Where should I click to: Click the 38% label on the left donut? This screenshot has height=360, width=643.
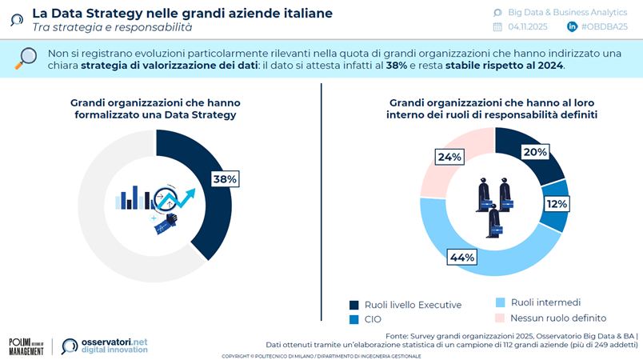[x=225, y=179]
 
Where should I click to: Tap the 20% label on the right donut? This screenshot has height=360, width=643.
[x=535, y=152]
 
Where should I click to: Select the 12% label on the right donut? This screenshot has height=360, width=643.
[x=557, y=204]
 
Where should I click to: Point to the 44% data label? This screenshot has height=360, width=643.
[x=463, y=258]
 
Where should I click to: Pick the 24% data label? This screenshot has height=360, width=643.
[x=449, y=157]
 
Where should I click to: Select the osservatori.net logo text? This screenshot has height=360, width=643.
[x=105, y=346]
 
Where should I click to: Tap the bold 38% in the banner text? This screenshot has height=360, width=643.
[x=397, y=66]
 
